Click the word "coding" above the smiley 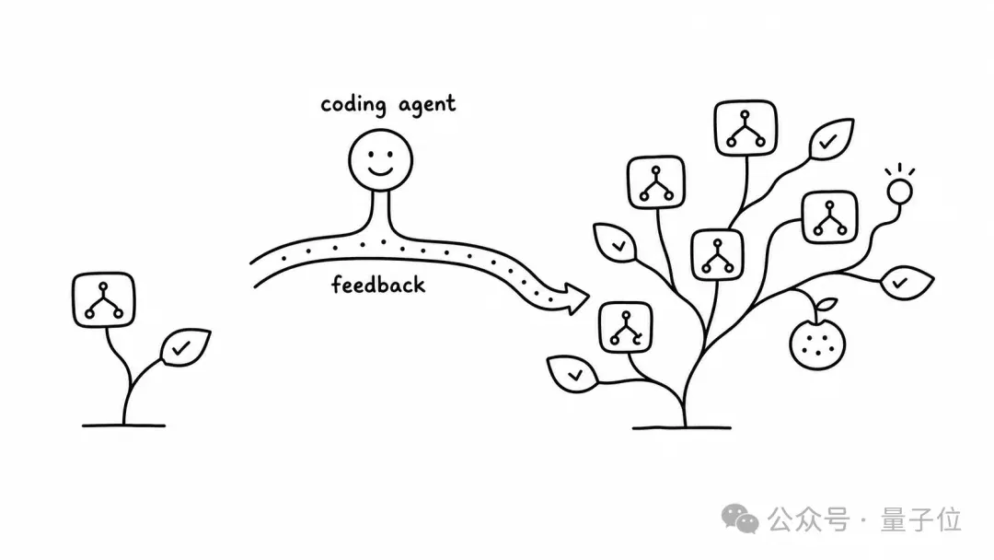point(353,105)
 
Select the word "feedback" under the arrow point(378,285)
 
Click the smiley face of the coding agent point(380,160)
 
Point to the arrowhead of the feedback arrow point(575,298)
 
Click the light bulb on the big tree point(899,191)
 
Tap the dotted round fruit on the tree point(818,344)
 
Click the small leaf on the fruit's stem point(826,305)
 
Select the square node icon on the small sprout point(104,300)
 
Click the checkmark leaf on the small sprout point(185,347)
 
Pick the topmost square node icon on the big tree point(745,127)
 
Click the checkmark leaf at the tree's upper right point(831,139)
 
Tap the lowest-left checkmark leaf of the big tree point(572,374)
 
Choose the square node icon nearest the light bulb point(830,217)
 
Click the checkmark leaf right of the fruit point(907,283)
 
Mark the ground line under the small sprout point(123,426)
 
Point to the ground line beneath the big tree point(681,428)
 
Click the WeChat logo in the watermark point(740,519)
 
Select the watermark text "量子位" point(921,520)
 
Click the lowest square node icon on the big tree point(626,327)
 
